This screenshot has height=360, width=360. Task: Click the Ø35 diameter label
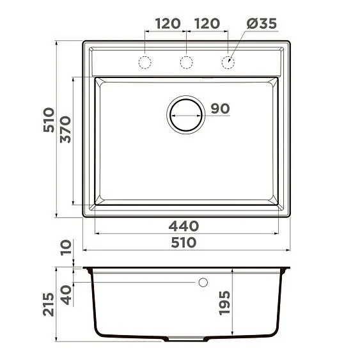pos(261,24)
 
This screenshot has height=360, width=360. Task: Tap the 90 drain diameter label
pos(219,109)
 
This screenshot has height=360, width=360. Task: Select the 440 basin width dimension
pos(184,226)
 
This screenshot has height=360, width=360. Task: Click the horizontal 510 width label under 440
pos(184,243)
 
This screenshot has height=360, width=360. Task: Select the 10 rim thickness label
pos(65,247)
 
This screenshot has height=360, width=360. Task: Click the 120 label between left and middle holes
pos(166,24)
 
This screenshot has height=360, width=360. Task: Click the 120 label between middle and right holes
pos(207,24)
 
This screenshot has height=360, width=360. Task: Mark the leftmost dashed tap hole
pos(145,62)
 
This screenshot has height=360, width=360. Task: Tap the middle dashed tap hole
pos(186,62)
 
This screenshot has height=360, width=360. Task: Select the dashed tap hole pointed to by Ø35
pos(227,62)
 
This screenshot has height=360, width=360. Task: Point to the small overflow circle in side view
pos(204,282)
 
